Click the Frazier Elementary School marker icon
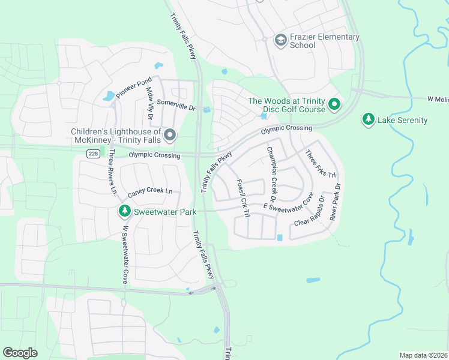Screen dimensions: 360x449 click(x=280, y=40)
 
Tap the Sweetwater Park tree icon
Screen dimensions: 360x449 click(x=124, y=211)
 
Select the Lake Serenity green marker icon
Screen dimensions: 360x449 click(x=368, y=119)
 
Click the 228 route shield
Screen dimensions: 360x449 click(x=92, y=154)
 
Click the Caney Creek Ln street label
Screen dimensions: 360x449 click(x=150, y=193)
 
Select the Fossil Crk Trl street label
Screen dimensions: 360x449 click(x=243, y=194)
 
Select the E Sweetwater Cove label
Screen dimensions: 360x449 click(x=288, y=203)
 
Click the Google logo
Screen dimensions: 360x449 click(x=20, y=352)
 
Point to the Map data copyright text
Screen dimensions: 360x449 click(x=423, y=355)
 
